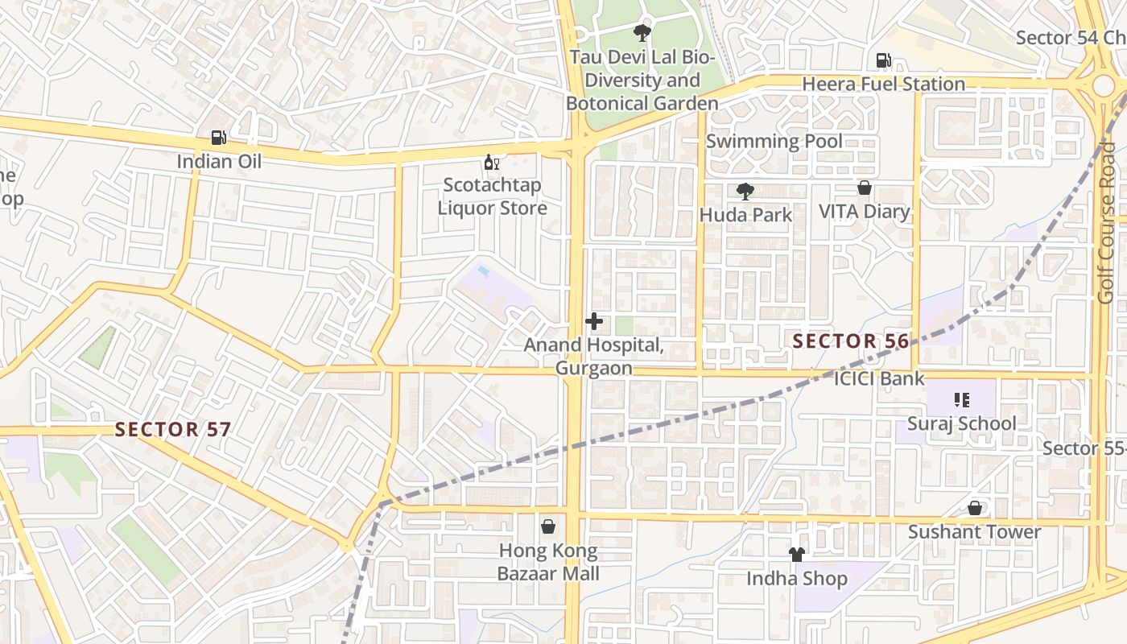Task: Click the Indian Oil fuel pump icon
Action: (218, 138)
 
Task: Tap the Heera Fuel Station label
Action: (883, 84)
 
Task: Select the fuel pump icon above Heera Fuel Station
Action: (883, 60)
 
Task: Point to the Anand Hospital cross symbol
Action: (594, 322)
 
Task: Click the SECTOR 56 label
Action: (850, 341)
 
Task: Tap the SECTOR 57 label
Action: (172, 429)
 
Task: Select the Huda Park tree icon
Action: (745, 192)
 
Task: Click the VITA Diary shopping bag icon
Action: (865, 188)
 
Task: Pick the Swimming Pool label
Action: (774, 141)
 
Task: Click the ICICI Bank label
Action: (879, 378)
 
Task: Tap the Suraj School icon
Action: (961, 399)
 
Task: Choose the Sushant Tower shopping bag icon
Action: (975, 508)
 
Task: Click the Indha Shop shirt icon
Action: (797, 555)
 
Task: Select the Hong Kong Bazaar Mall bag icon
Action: (548, 526)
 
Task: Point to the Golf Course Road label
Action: (1107, 223)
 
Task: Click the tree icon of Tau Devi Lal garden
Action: (642, 33)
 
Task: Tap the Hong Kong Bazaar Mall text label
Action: (548, 562)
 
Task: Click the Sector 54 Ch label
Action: (1069, 38)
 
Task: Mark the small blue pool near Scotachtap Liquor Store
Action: (482, 272)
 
